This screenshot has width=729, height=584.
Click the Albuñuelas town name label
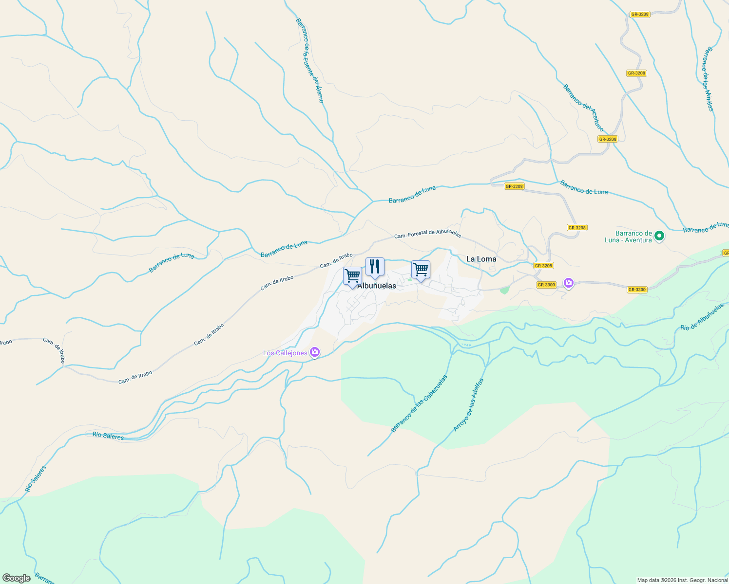tap(377, 286)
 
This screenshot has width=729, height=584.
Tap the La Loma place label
tap(481, 259)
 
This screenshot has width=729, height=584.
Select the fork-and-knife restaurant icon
tap(375, 267)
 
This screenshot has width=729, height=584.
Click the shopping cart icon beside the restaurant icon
tap(352, 276)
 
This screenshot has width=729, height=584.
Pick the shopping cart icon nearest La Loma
tap(421, 269)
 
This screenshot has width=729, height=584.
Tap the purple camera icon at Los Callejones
tap(315, 352)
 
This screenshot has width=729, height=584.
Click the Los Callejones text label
tap(285, 353)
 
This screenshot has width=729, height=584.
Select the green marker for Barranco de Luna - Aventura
tap(659, 236)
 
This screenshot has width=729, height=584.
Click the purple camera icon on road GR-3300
tap(568, 283)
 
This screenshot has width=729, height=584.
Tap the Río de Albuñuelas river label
tap(702, 317)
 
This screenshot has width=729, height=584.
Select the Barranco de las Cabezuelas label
tap(419, 403)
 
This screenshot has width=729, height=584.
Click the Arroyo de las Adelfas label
tap(468, 405)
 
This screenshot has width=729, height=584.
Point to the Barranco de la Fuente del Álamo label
tap(309, 60)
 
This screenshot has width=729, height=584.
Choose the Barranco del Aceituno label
tap(583, 108)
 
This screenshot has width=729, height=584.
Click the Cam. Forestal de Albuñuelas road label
tap(427, 234)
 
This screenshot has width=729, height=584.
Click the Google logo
tap(16, 578)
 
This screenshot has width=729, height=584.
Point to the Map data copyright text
tap(682, 580)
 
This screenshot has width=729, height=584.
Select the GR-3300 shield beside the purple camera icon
tap(546, 285)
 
